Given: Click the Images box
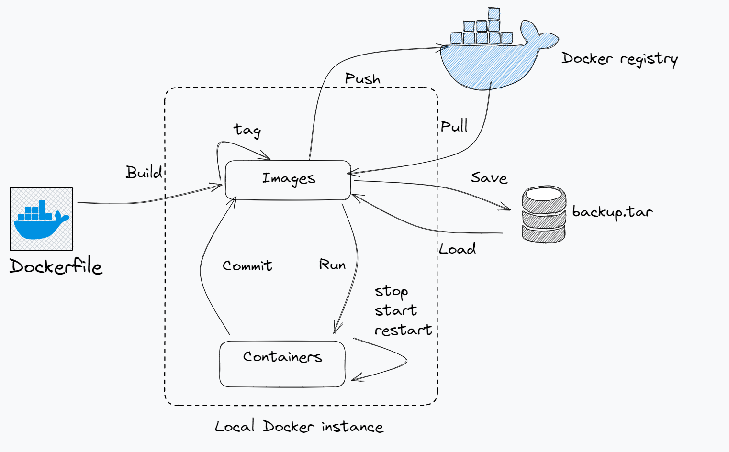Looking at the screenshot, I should pos(288,180).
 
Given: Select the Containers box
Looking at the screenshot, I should pos(282,364).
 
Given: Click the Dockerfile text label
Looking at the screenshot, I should pos(56,266).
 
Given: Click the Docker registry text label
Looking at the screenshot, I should pos(619,59).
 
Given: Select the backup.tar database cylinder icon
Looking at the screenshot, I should pos(544,214).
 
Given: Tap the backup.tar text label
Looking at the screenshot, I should pos(612,211).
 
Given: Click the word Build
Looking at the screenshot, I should pos(144,172).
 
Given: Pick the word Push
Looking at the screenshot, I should pos(362,78).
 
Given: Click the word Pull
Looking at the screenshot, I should pos(454,126).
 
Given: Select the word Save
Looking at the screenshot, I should pos(489,178).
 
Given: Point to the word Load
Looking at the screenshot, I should pos(458,249).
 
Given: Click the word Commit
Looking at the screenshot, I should pos(247,265).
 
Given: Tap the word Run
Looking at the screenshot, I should pos(332,265).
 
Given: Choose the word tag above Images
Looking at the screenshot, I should pos(247,130).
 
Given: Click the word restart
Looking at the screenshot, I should pos(403,330).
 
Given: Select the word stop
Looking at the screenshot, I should pos(391,291).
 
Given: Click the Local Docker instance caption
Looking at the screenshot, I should pos(299,427).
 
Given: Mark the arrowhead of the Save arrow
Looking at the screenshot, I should pos(507,209).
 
